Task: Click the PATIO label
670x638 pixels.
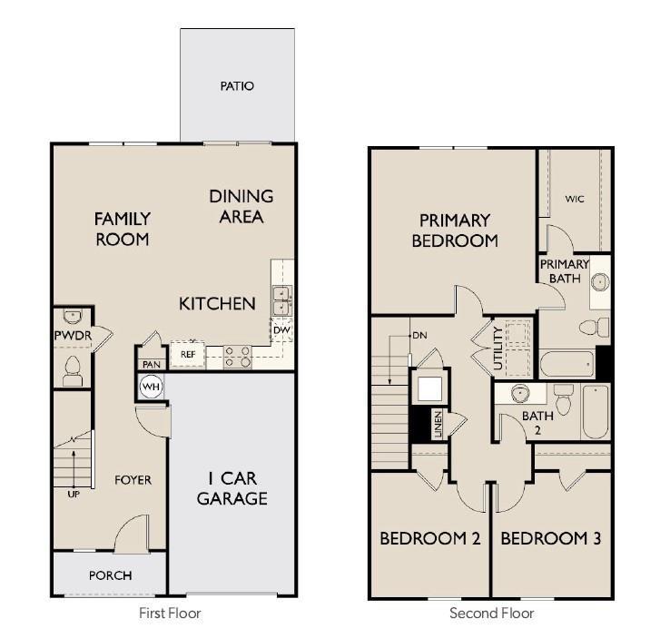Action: pos(237,86)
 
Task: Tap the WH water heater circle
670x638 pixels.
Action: pos(151,387)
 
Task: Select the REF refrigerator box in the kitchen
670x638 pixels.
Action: pos(188,355)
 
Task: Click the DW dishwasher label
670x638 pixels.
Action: pos(281,330)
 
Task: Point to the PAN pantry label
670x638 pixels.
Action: pos(152,364)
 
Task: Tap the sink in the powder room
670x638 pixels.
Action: pos(72,317)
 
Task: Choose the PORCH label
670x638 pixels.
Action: pos(110,575)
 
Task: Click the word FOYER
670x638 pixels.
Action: pos(133,480)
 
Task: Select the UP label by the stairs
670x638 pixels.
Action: pos(74,494)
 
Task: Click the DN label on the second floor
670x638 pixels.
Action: pos(419,336)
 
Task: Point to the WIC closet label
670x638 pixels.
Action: pos(575,199)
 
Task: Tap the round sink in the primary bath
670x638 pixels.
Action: pos(600,282)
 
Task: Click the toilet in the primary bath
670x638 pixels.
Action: pos(595,328)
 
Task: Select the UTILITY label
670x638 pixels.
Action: pos(498,348)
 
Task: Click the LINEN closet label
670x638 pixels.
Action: pos(438,425)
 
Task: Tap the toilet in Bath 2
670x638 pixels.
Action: pos(563,398)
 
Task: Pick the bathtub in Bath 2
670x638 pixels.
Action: pos(596,412)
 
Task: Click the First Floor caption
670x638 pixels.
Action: pos(170,613)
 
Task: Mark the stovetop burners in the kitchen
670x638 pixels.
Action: pos(238,357)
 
